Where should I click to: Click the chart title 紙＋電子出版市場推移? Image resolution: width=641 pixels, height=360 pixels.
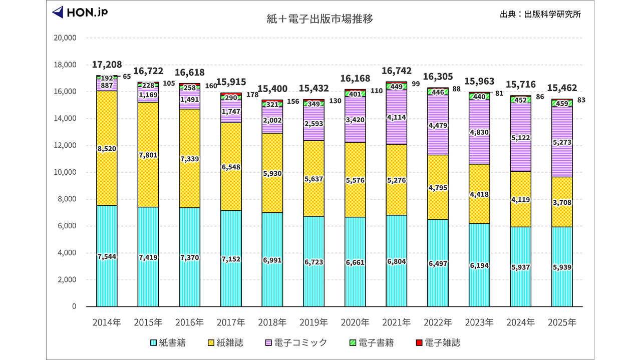320,20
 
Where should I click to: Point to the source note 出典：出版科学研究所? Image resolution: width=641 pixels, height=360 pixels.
540,14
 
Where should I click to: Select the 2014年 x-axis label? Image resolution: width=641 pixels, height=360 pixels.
107,322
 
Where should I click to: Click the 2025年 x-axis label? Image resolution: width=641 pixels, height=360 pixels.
561,322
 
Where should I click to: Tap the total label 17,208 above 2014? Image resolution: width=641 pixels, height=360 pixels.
107,65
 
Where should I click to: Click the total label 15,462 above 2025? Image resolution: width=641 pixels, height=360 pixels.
561,88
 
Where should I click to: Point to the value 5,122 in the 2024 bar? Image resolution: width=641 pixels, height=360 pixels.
520,138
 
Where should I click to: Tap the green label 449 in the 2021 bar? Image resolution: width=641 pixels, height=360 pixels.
396,86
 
